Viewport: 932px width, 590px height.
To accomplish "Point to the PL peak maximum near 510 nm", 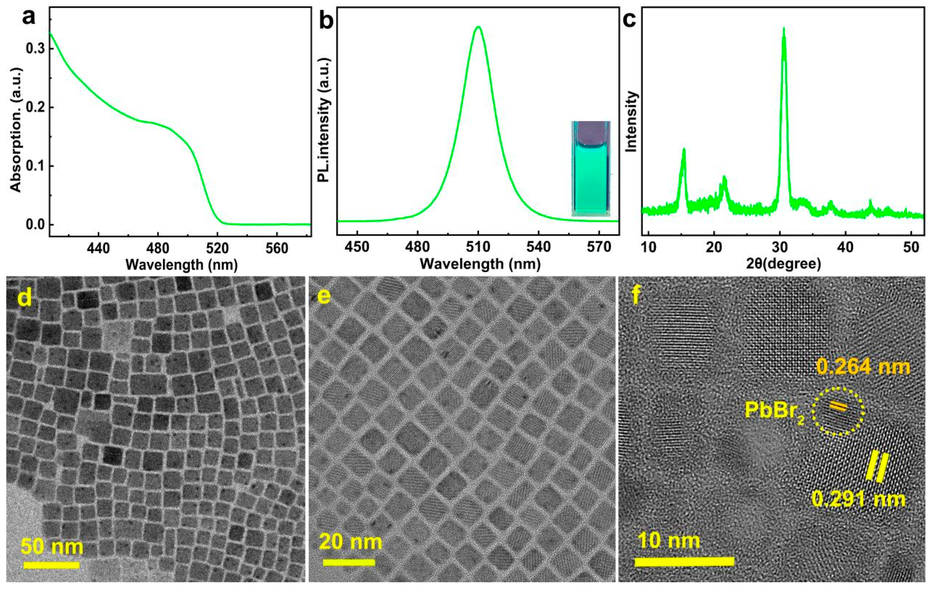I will [479, 27].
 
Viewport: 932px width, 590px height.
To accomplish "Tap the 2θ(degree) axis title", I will [784, 264].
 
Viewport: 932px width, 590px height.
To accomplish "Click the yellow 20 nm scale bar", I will [349, 562].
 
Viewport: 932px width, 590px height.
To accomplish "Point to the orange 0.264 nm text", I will [864, 366].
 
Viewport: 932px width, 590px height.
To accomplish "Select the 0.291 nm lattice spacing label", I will [858, 499].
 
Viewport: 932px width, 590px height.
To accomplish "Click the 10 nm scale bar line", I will [684, 561].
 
